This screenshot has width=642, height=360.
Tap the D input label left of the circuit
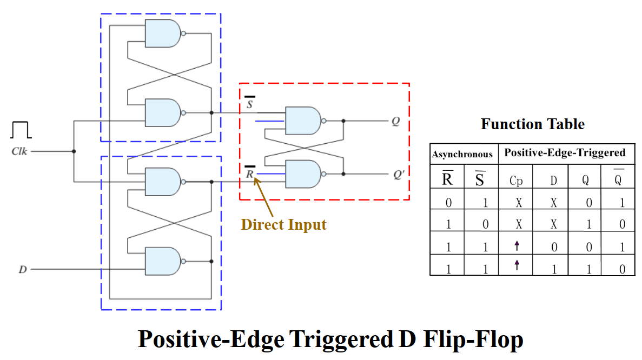23,269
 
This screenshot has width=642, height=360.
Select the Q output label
395,121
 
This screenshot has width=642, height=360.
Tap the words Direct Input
283,224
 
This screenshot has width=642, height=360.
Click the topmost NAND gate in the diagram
163,34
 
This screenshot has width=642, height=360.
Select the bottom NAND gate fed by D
163,262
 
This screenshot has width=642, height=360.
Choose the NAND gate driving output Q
302,121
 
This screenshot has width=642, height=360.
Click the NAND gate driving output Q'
302,174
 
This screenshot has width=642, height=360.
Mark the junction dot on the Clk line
74,152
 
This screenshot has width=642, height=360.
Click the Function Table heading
532,124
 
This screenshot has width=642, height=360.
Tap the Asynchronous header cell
462,155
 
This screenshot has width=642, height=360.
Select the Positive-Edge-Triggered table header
565,153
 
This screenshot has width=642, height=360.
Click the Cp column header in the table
516,181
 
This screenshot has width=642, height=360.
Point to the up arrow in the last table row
517,264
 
